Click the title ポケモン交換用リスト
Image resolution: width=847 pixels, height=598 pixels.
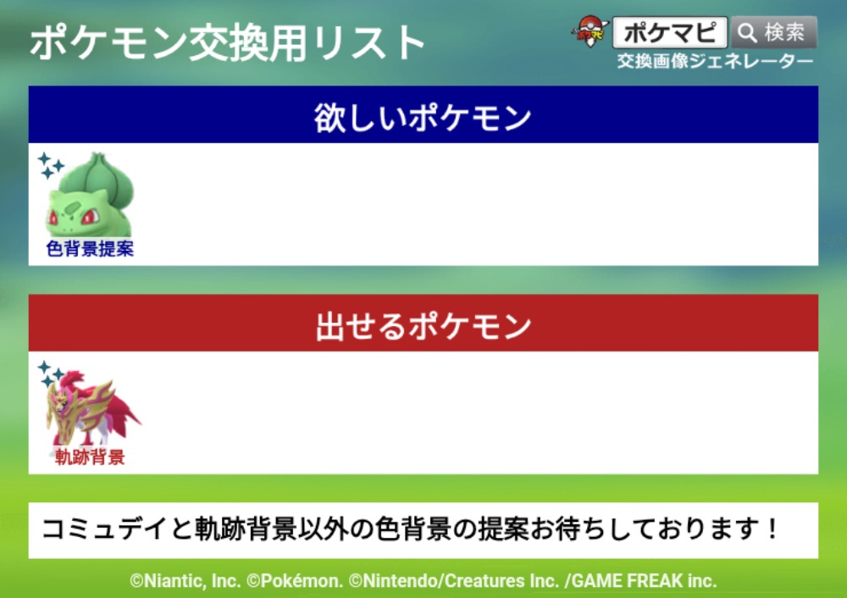coord(227,42)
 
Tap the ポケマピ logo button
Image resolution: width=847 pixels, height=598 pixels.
coord(670,32)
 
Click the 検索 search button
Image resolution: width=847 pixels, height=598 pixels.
coord(774,32)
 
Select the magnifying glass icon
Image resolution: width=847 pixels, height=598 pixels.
coord(747,33)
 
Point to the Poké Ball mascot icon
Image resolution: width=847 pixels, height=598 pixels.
coord(590,31)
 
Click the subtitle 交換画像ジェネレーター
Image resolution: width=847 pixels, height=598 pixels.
coord(715,62)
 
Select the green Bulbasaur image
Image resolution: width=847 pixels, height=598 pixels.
coord(91,195)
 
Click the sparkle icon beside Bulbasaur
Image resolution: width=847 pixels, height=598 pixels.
coord(51,165)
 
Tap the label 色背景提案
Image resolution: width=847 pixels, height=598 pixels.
coord(90,248)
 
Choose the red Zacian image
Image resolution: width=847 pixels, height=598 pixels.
coord(91,407)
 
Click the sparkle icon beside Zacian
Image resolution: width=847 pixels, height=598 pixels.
coord(50,374)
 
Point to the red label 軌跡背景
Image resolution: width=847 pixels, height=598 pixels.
coord(90,457)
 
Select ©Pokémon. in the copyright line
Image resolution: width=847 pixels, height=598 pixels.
coord(295,581)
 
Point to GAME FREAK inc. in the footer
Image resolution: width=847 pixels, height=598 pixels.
coord(644,581)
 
